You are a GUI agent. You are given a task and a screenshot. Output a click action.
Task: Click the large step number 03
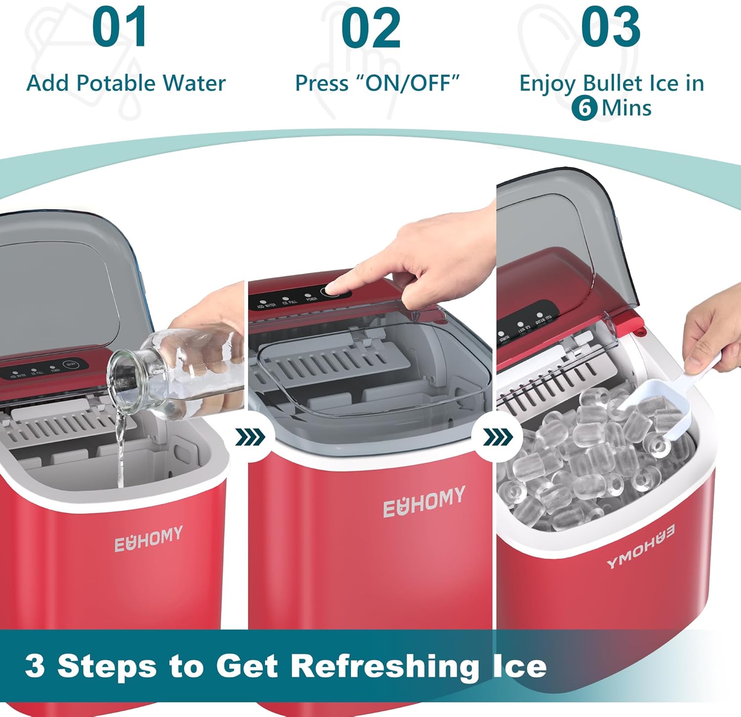[611, 28]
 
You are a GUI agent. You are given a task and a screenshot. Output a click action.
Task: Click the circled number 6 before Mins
[585, 108]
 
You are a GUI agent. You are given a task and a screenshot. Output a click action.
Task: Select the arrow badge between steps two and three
[497, 437]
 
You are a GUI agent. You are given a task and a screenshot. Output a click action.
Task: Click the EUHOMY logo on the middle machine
[424, 501]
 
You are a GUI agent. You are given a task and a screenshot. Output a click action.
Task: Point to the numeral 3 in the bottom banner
[35, 666]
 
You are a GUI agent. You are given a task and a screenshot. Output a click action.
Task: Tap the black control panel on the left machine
[44, 369]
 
